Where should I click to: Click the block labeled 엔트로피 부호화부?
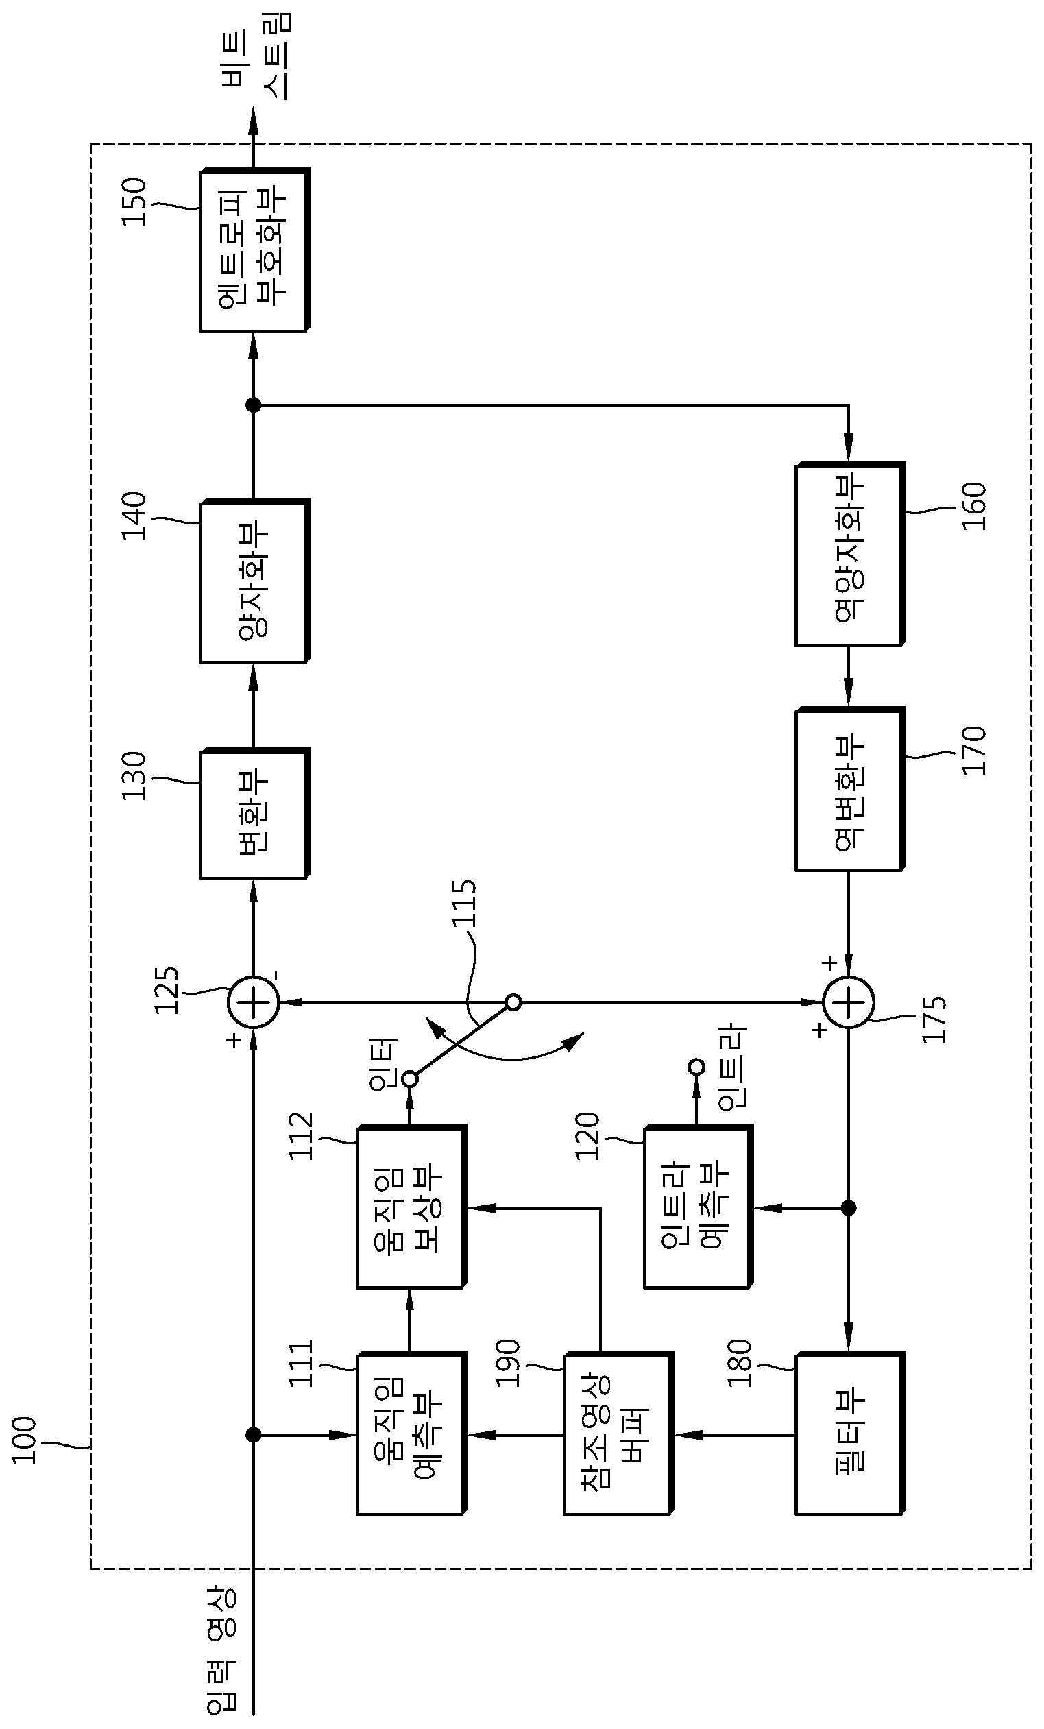(x=255, y=249)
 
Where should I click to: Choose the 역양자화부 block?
(x=849, y=555)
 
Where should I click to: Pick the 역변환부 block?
(x=849, y=789)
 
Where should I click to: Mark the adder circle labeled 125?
(x=254, y=1002)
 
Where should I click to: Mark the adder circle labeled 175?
(x=849, y=1002)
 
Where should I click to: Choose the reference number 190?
(x=508, y=1364)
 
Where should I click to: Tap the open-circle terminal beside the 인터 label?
(x=411, y=1078)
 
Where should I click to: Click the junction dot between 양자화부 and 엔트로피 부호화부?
(x=254, y=405)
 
